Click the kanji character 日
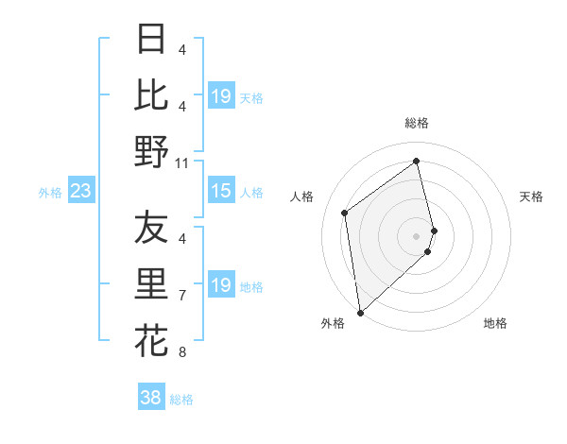pyautogui.click(x=151, y=40)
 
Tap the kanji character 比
pyautogui.click(x=151, y=95)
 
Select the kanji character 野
pyautogui.click(x=151, y=151)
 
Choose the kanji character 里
pyautogui.click(x=151, y=283)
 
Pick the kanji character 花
pyautogui.click(x=151, y=339)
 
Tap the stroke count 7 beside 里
pyautogui.click(x=182, y=296)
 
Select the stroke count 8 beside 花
pyautogui.click(x=182, y=352)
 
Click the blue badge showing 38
pyautogui.click(x=151, y=398)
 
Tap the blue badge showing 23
pyautogui.click(x=80, y=192)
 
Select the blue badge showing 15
pyautogui.click(x=220, y=192)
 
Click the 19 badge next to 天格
pyautogui.click(x=220, y=96)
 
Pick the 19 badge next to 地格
pyautogui.click(x=220, y=285)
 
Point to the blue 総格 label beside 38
pyautogui.click(x=182, y=400)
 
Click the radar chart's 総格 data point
pyautogui.click(x=417, y=162)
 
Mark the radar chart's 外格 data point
pyautogui.click(x=360, y=312)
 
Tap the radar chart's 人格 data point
pyautogui.click(x=345, y=213)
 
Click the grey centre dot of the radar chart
pyautogui.click(x=417, y=234)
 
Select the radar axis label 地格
pyautogui.click(x=495, y=324)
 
